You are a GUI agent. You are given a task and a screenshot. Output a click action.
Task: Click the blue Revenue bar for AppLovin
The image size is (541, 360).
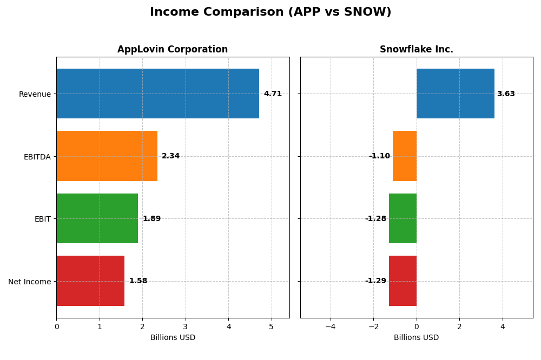157,94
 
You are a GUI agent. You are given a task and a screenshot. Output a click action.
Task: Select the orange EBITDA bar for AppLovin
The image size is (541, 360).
107,156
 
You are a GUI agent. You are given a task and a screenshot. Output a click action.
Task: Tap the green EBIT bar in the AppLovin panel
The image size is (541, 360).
97,218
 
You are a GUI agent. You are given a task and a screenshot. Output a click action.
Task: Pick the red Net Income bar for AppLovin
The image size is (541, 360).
90,281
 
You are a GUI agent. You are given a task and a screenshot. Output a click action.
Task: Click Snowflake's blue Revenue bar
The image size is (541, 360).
455,94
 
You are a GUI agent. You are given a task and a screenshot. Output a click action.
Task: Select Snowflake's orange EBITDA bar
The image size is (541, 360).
405,156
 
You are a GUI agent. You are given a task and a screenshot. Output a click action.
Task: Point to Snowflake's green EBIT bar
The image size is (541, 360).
403,218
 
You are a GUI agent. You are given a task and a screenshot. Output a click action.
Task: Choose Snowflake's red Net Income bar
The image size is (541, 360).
403,281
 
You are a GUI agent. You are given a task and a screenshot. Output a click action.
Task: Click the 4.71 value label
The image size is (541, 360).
273,94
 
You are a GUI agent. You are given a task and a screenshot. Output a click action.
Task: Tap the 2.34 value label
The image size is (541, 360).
170,156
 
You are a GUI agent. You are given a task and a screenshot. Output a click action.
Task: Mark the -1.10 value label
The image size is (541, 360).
379,156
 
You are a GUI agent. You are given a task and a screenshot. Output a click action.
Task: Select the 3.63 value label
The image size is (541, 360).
506,94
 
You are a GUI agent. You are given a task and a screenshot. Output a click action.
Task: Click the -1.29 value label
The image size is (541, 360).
375,281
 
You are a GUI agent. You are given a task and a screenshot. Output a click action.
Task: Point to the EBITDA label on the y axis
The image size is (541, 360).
37,157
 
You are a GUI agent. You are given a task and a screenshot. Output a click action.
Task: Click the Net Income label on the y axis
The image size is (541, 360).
29,282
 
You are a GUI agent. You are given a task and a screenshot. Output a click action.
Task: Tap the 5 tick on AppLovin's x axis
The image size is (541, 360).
272,326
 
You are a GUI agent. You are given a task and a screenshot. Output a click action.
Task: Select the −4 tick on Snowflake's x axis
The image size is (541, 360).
330,326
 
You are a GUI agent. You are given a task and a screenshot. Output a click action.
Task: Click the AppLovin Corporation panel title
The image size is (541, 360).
173,50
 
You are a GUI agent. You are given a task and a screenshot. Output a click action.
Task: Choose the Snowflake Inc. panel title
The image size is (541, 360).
416,50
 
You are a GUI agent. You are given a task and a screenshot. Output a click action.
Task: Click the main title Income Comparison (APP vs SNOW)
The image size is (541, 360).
270,12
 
